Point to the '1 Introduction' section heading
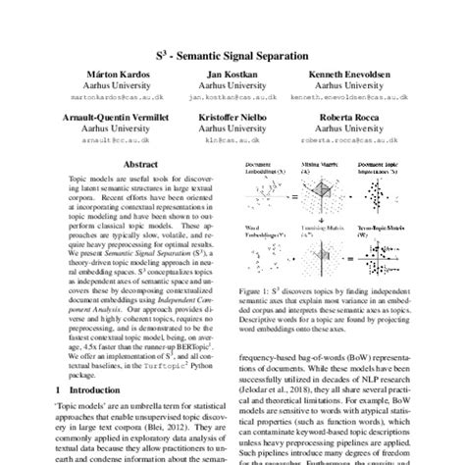point(75,386)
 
